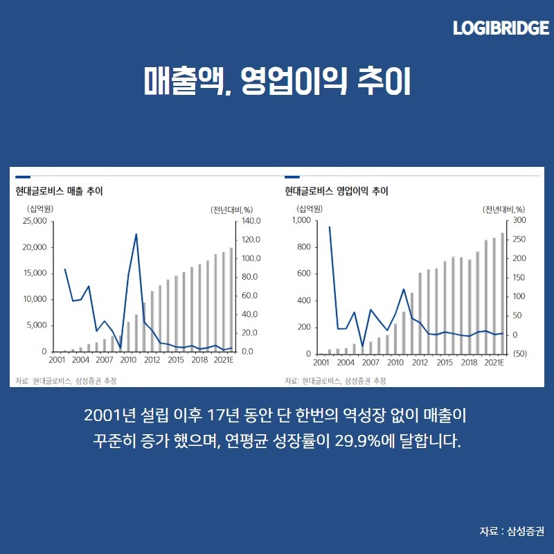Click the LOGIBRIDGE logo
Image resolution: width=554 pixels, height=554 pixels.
[501, 28]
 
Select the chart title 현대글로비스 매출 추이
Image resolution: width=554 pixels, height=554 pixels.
[59, 191]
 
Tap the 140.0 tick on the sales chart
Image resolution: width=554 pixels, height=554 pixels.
[249, 221]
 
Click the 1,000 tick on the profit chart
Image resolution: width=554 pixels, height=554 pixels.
[303, 221]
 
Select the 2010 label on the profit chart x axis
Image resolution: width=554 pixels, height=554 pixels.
[395, 361]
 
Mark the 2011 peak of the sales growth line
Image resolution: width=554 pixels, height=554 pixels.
[136, 234]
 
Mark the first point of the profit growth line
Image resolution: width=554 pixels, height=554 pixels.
[330, 226]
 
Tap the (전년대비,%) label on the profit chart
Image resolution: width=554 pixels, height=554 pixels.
[504, 208]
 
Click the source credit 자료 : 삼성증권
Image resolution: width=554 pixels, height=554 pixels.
[512, 531]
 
